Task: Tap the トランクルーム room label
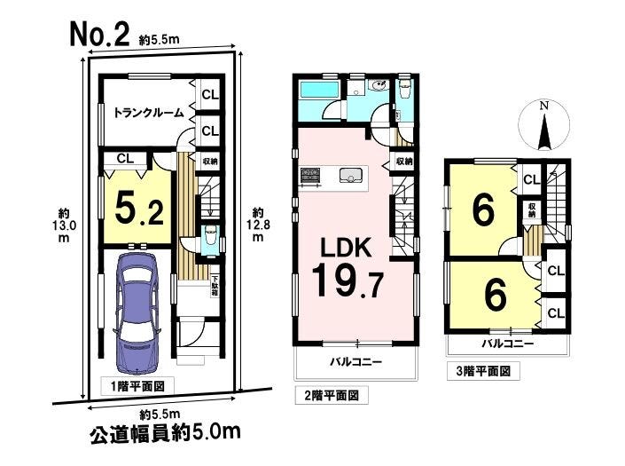tap(149, 113)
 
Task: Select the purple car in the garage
tap(137, 312)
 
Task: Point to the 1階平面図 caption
tap(137, 386)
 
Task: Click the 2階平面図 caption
tap(332, 395)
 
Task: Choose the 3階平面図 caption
tap(483, 371)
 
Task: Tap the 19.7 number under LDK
tap(348, 281)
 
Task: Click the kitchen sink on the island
tap(351, 175)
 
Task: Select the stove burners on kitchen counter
tap(310, 175)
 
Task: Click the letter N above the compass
tap(543, 106)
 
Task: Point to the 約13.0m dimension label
tap(64, 225)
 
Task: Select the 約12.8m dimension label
tap(258, 225)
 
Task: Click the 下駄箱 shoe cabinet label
tap(215, 285)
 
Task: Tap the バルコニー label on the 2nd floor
tap(356, 362)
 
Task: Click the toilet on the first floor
tap(209, 239)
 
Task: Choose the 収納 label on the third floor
tap(532, 210)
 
